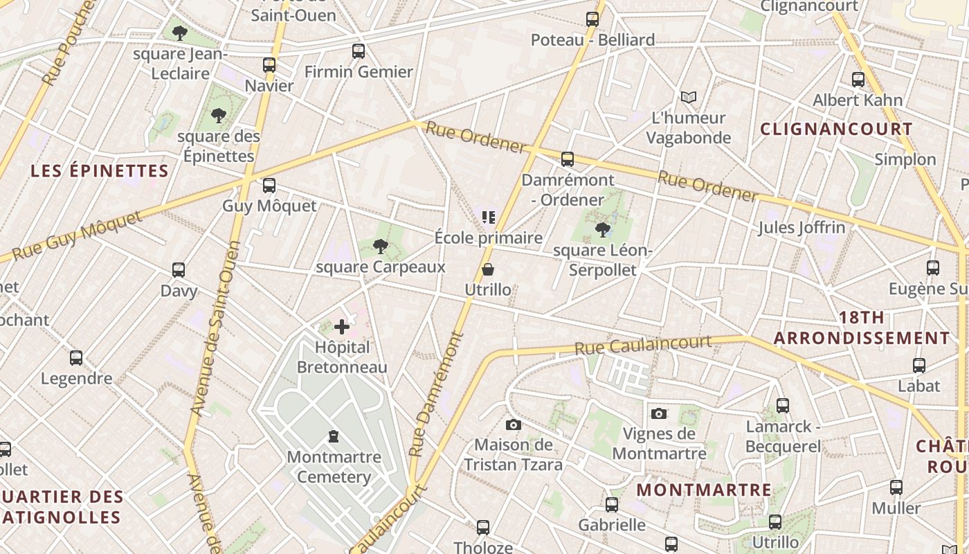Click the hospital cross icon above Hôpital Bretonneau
[x=342, y=327]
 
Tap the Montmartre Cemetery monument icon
[x=334, y=436]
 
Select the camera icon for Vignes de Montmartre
[x=659, y=413]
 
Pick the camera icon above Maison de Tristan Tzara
[x=513, y=425]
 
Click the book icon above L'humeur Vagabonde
[x=688, y=97]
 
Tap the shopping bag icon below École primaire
[x=488, y=269]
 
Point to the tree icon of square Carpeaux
[x=380, y=246]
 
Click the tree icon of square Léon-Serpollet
[x=602, y=229]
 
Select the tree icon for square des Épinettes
[x=219, y=115]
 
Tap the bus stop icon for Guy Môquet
[x=269, y=186]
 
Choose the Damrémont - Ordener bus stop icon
[x=568, y=159]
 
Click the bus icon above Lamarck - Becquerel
[x=783, y=406]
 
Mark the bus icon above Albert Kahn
[x=858, y=80]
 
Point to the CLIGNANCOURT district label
[x=836, y=129]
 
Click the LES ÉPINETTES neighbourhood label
[x=100, y=171]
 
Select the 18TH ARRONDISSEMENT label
[x=862, y=328]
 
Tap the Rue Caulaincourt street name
[x=643, y=345]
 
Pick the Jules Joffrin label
[x=802, y=227]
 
